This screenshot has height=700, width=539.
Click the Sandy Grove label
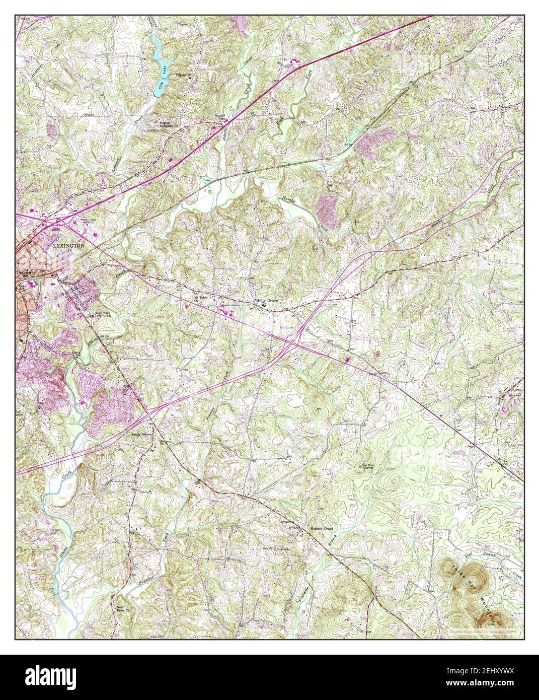point(141,433)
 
